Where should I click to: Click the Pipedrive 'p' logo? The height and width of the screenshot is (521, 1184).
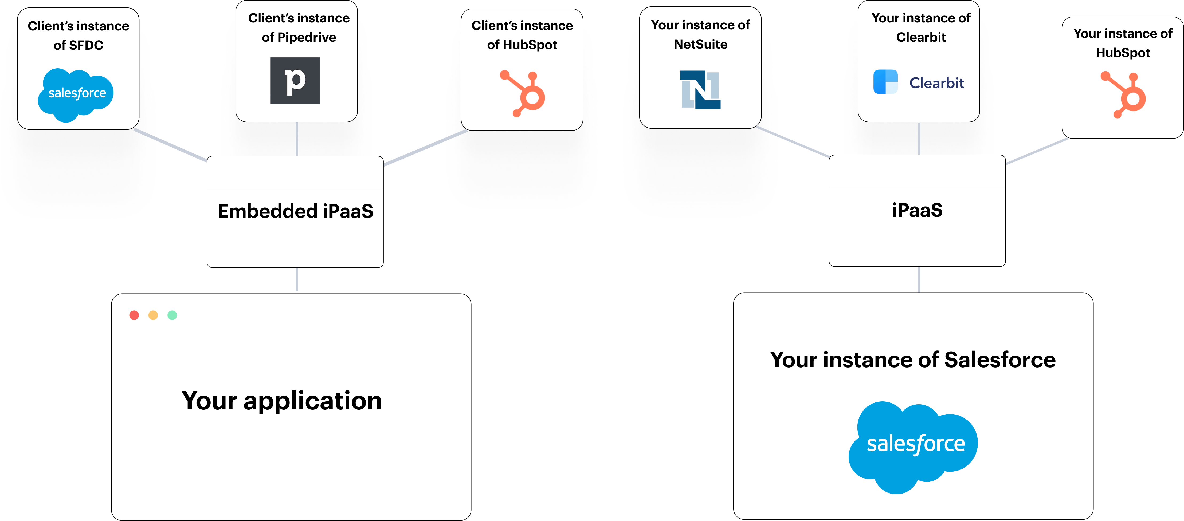(x=295, y=81)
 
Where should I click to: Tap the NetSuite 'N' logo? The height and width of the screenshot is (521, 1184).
(x=700, y=90)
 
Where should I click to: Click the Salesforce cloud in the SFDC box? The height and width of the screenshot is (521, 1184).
(x=76, y=94)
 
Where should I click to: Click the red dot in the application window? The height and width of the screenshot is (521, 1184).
(x=134, y=315)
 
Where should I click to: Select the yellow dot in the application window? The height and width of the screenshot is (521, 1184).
(x=153, y=315)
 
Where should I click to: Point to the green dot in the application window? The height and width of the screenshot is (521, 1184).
(x=172, y=315)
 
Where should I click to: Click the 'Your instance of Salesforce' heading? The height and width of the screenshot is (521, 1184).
(x=913, y=360)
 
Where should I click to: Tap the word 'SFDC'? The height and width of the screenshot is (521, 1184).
(x=85, y=45)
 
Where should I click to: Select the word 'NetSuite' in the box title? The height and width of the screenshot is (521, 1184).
(x=700, y=44)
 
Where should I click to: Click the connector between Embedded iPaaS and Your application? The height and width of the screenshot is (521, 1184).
(x=297, y=280)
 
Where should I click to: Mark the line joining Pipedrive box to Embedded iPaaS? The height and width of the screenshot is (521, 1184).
(x=297, y=139)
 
